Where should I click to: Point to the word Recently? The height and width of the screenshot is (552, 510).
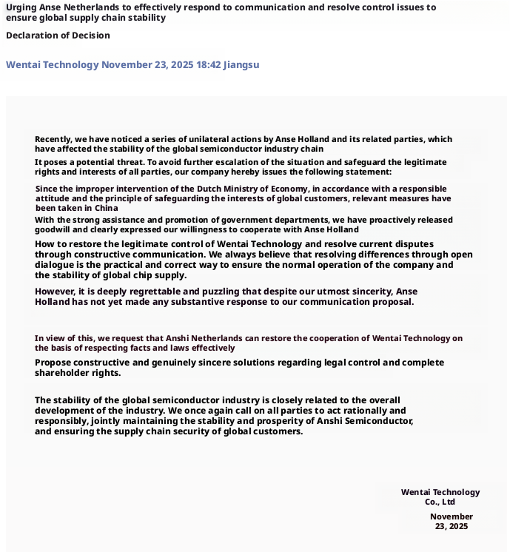[x=53, y=139]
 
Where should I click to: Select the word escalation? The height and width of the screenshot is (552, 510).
[x=273, y=162]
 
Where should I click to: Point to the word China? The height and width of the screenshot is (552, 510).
[x=107, y=208]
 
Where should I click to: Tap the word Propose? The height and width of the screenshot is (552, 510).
[x=54, y=363]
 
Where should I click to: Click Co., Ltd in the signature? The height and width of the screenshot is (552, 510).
[x=440, y=502]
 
